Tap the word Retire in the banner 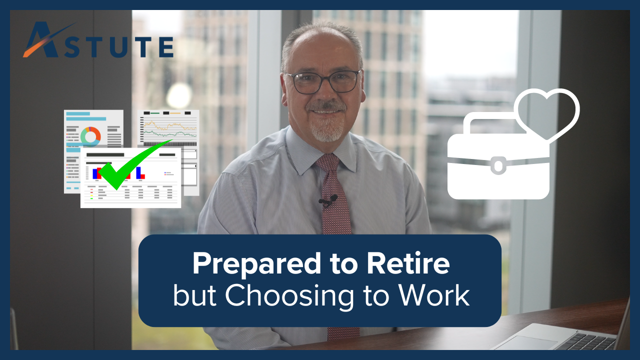point(408,263)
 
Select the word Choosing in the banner point(289,296)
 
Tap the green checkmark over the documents point(134,164)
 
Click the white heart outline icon point(547,115)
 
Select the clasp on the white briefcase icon point(498,165)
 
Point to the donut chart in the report point(90,136)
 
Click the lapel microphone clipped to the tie point(328,200)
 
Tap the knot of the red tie point(327,162)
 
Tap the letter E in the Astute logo point(166,47)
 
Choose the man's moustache point(325,106)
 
